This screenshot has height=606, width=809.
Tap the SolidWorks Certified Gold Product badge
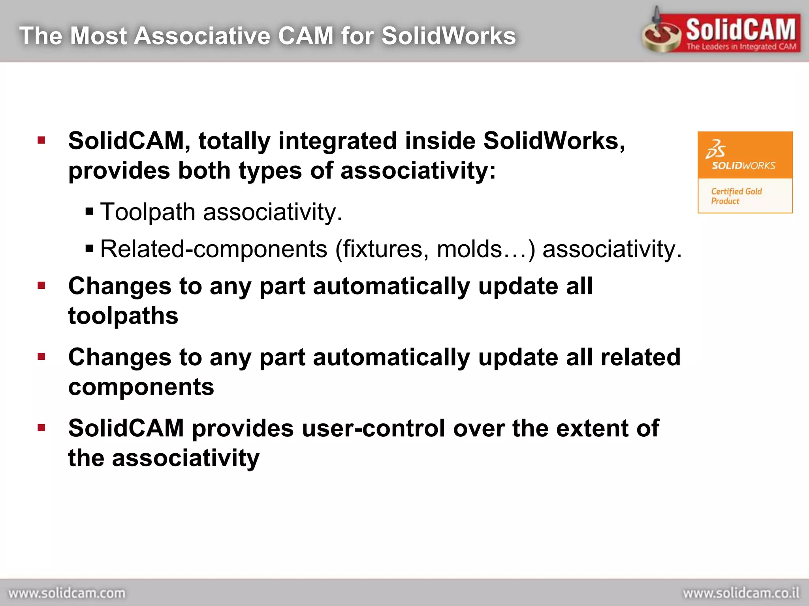coord(745,172)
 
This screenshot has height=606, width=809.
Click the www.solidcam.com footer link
coord(67,593)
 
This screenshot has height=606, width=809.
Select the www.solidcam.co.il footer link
coord(741,593)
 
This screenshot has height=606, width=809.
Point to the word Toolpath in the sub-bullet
coord(148,212)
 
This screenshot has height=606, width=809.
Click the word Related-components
coord(214,249)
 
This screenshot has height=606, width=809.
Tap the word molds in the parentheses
coord(469,249)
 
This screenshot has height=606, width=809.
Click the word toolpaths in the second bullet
coord(123,316)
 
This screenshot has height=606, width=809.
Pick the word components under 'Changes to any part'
coord(141,387)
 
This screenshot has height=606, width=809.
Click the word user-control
coord(318,428)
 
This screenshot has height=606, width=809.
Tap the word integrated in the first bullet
coord(337,141)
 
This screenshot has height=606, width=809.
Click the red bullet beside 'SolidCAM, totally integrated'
coord(41,140)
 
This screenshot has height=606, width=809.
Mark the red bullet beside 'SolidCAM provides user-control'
coord(41,428)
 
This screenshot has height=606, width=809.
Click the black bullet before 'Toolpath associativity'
coord(89,212)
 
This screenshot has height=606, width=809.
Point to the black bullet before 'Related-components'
coord(89,249)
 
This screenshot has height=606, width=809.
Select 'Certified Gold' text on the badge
coord(736,191)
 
